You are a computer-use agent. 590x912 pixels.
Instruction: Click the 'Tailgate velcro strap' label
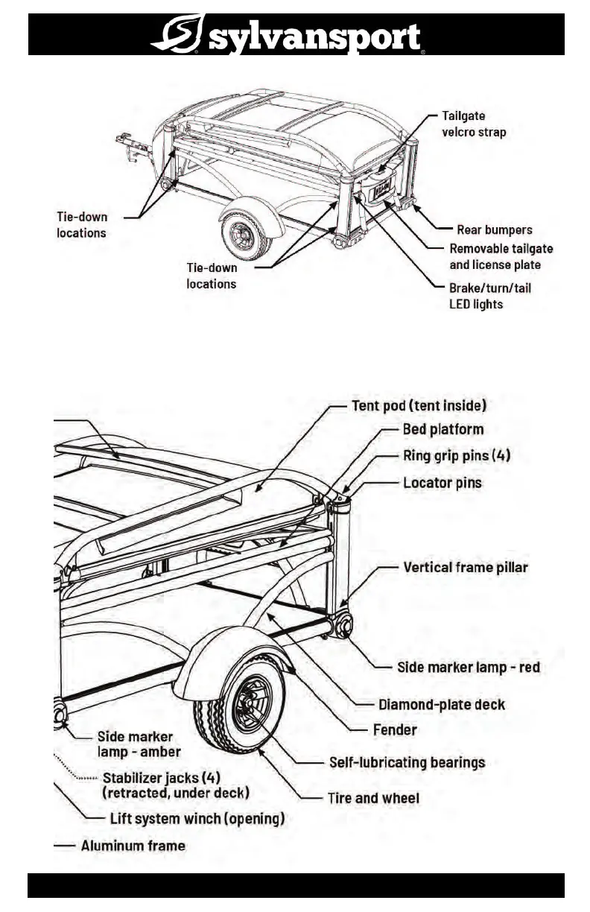pyautogui.click(x=474, y=124)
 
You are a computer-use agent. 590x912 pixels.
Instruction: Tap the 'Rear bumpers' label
pyautogui.click(x=494, y=229)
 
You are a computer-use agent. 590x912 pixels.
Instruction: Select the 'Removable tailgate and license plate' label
pyautogui.click(x=501, y=257)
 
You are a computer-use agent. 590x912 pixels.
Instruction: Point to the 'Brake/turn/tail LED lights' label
pyautogui.click(x=490, y=296)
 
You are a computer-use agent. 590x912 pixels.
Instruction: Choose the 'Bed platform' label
pyautogui.click(x=442, y=429)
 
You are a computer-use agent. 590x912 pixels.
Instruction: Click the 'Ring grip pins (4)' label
pyautogui.click(x=456, y=455)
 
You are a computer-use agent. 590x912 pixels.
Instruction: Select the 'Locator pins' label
pyautogui.click(x=442, y=483)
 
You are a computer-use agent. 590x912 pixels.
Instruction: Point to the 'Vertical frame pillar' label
pyautogui.click(x=465, y=567)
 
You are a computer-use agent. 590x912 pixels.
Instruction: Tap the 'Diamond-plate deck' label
pyautogui.click(x=442, y=704)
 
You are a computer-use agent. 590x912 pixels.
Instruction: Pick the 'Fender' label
pyautogui.click(x=395, y=729)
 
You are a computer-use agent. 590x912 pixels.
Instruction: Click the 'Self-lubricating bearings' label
pyautogui.click(x=407, y=762)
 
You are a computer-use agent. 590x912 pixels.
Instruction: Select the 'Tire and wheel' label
pyautogui.click(x=373, y=798)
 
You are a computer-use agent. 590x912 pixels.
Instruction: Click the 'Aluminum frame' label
pyautogui.click(x=133, y=846)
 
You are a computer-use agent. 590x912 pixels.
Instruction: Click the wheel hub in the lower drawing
pyautogui.click(x=246, y=704)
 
